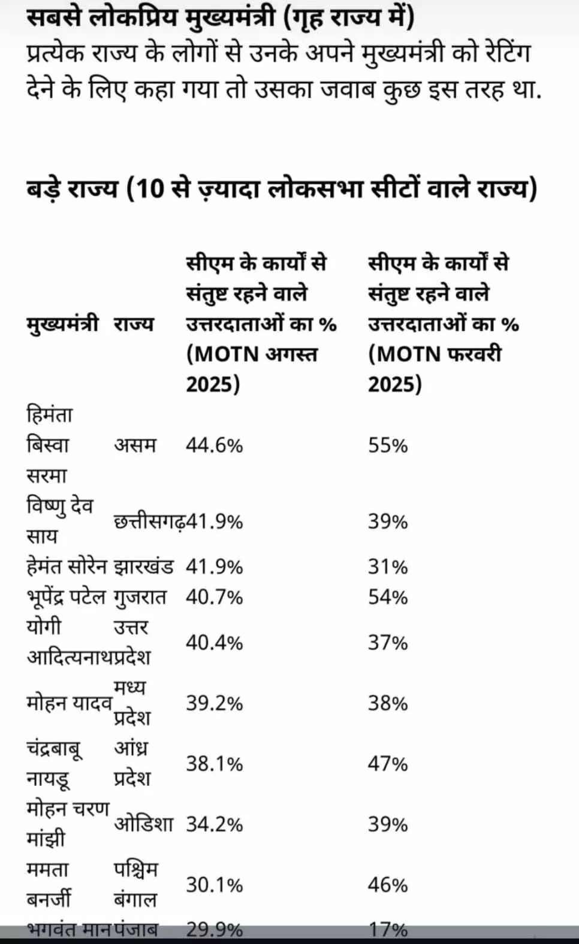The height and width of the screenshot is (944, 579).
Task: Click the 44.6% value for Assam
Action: point(214,446)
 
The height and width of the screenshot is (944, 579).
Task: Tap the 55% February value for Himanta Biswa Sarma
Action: point(388,446)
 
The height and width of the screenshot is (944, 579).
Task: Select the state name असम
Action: point(135,446)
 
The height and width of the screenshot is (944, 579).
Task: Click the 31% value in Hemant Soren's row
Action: point(388,567)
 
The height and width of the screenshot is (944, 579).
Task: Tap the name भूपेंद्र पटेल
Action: point(66,597)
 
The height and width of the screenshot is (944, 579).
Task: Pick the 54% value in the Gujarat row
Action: point(388,597)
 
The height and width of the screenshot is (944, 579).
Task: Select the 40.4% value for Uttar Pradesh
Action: point(214,643)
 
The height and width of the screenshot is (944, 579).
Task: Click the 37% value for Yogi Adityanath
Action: point(388,643)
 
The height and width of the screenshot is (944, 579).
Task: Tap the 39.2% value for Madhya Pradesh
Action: point(214,703)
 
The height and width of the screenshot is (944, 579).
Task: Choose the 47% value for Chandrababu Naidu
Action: point(388,764)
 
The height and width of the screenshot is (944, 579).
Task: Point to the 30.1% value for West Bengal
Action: point(214,885)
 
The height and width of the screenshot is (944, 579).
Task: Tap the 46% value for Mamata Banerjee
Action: point(388,885)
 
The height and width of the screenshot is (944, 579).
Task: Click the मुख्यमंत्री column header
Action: point(62,324)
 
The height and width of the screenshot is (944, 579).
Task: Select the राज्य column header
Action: point(134,324)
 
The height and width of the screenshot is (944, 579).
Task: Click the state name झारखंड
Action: point(144,567)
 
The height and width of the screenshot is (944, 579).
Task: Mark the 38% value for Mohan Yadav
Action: point(388,703)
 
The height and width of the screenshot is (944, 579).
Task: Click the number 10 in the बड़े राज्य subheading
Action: point(150,189)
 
